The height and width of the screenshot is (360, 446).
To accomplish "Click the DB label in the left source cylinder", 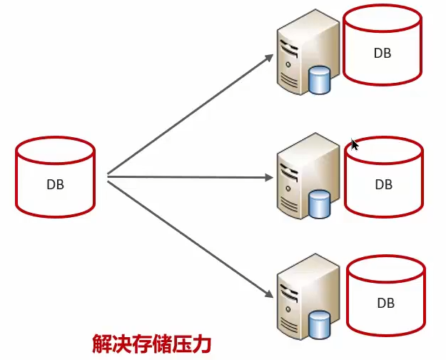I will pos(55,184).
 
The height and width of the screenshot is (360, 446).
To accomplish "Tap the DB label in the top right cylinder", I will pos(382,53).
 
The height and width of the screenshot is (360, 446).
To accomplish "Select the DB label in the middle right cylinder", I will pos(383,184).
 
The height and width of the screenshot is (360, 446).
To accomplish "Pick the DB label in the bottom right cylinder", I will pos(385,303).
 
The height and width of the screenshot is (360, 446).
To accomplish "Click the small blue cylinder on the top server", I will pos(320,79).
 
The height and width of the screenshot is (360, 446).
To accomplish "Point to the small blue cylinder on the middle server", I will pos(320,203).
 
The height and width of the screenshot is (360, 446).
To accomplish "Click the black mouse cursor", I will pos(355,144).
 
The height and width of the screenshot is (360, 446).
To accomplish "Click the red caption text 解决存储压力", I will pos(152,344).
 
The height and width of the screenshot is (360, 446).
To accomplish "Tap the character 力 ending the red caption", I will pos(202,344).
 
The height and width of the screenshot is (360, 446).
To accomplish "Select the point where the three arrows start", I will pos(107,176).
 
